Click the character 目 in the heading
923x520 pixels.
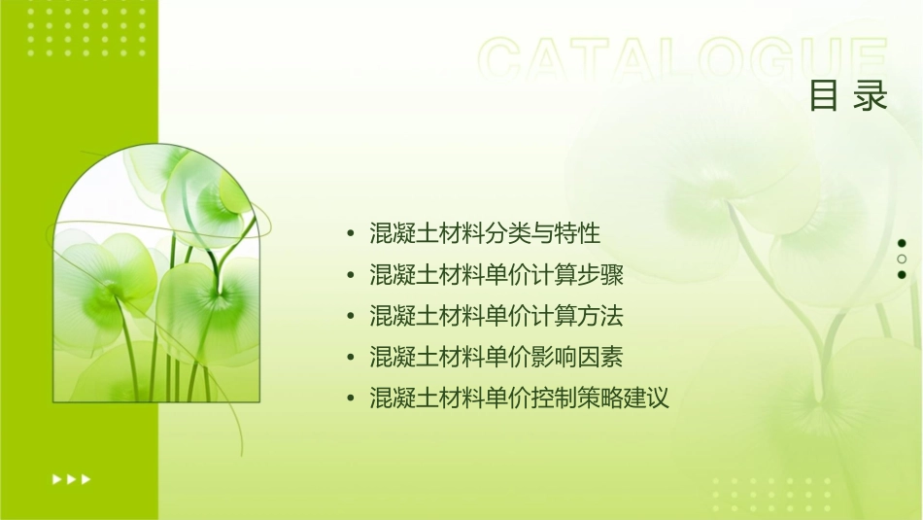click(824, 95)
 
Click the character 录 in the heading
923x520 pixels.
click(871, 95)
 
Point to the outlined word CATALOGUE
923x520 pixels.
click(683, 60)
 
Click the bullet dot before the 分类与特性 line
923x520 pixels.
click(350, 234)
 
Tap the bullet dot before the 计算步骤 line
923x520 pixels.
click(350, 276)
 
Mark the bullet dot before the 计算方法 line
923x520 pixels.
click(350, 317)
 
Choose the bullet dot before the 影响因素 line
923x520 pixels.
click(350, 358)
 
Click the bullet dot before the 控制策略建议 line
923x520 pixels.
click(350, 399)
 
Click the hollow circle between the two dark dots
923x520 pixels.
click(902, 259)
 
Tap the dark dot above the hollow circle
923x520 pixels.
click(902, 243)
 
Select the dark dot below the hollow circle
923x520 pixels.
click(902, 274)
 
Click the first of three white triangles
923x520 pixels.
click(56, 479)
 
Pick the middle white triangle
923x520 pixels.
click(71, 479)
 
